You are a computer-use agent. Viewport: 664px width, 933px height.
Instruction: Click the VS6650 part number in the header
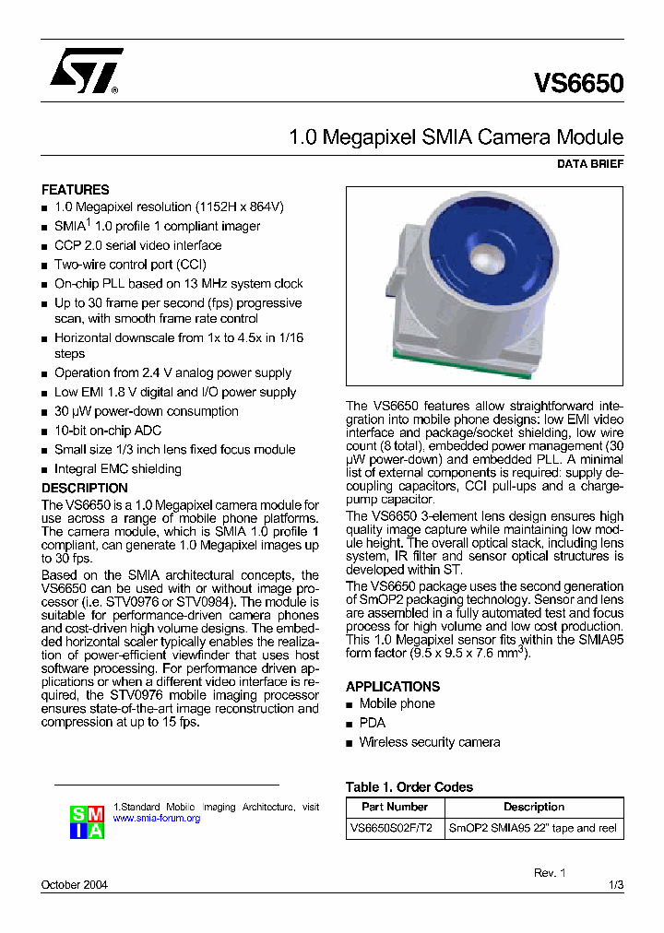coord(578,84)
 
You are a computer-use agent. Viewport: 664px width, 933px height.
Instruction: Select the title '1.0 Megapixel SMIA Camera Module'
coord(456,137)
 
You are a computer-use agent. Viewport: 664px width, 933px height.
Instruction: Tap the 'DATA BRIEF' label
coord(590,164)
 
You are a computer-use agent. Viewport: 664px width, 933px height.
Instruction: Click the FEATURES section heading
coord(76,189)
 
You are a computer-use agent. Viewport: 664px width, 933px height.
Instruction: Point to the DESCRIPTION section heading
coord(85,488)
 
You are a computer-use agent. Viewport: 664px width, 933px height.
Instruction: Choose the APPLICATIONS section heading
coord(393,686)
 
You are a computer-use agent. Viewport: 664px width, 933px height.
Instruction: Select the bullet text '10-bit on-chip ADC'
coord(108,431)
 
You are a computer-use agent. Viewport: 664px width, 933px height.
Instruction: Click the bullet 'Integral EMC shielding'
coord(118,468)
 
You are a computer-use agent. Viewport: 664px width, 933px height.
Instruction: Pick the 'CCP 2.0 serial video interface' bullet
coord(138,245)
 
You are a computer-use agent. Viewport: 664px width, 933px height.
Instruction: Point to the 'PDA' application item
coord(373,723)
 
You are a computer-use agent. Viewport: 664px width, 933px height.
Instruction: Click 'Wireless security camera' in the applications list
coord(430,742)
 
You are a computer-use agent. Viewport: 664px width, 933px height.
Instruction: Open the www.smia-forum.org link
coord(156,819)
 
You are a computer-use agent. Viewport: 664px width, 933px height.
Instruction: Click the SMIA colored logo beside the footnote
coord(88,821)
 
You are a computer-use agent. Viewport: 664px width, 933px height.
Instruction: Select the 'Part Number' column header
coord(395,807)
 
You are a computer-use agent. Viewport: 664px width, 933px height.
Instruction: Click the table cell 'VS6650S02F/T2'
coord(395,828)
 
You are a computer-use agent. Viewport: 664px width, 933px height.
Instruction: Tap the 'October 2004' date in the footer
coord(75,885)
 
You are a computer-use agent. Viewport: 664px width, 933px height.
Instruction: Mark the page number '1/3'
coord(616,885)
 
